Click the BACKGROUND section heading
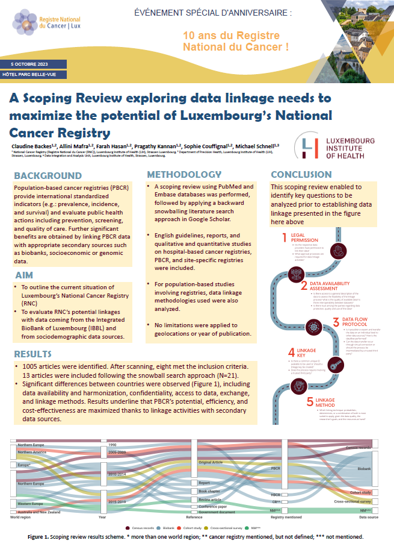tap(48, 176)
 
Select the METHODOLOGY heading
tap(185, 175)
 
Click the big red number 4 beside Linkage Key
tap(291, 353)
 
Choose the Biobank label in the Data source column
tap(365, 468)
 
